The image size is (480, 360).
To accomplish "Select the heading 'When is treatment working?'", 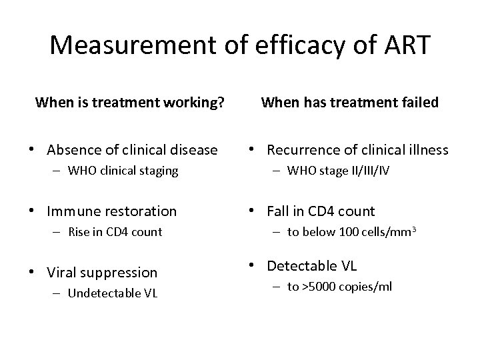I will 129,103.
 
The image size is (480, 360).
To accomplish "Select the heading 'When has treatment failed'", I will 350,103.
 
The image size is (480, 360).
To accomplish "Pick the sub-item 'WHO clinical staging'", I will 123,171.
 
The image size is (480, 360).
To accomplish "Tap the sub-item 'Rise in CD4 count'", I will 115,232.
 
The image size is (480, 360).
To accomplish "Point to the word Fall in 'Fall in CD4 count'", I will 278,212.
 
